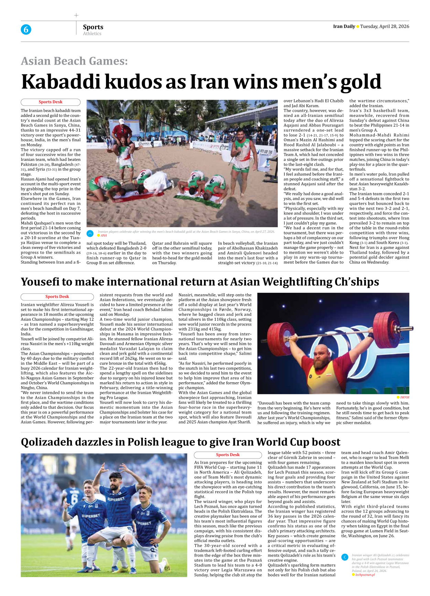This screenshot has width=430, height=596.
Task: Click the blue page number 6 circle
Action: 26,30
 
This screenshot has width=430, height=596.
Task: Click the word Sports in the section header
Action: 93,27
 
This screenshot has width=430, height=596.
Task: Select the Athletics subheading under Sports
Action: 92,34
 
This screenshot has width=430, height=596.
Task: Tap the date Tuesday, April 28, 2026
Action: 385,26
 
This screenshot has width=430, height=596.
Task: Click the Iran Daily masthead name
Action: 344,26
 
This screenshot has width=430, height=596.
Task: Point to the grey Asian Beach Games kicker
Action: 74,61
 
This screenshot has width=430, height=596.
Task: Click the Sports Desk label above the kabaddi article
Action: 51,102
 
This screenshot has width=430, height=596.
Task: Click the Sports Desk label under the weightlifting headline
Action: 57,297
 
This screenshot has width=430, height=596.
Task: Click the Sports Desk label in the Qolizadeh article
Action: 228,455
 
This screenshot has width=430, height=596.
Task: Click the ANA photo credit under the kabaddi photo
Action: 104,235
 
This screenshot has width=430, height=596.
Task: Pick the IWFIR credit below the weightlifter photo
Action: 404,397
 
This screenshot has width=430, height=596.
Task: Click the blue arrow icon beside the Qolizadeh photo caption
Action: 345,557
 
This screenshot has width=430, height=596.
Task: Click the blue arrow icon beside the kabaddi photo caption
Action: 90,233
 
